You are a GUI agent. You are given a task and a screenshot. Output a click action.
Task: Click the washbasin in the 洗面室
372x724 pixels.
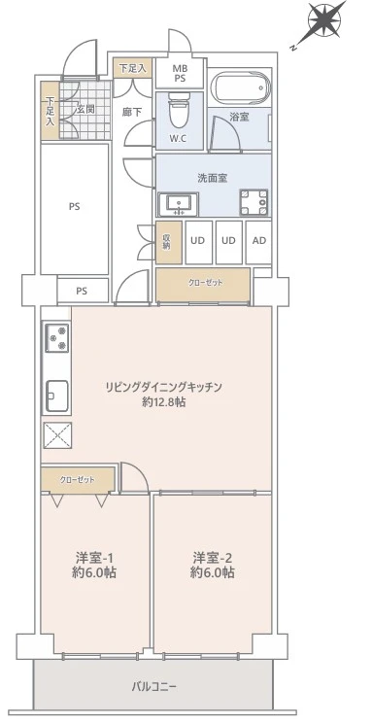tap(180, 203)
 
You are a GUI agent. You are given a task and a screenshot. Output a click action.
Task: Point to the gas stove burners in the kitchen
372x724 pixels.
tap(56, 338)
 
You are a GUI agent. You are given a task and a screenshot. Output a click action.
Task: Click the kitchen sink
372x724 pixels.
tap(55, 395)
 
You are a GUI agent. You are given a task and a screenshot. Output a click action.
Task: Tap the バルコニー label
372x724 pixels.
tap(154, 686)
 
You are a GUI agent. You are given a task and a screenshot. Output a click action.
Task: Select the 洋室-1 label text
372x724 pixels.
tap(96, 558)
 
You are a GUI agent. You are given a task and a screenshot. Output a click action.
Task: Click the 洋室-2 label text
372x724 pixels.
tap(212, 558)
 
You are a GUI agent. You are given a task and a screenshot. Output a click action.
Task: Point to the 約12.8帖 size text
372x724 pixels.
tap(165, 402)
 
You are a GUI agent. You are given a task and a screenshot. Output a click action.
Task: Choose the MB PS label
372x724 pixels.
tap(180, 74)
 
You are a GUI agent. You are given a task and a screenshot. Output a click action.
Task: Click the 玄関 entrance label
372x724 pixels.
tap(85, 110)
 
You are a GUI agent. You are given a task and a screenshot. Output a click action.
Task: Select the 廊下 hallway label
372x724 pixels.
tap(131, 113)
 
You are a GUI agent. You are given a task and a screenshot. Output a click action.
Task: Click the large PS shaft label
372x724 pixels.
tap(75, 205)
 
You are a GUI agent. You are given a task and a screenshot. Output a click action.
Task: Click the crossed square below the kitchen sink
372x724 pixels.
tap(56, 434)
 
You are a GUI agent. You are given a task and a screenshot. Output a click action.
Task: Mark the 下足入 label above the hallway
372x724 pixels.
tap(131, 68)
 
